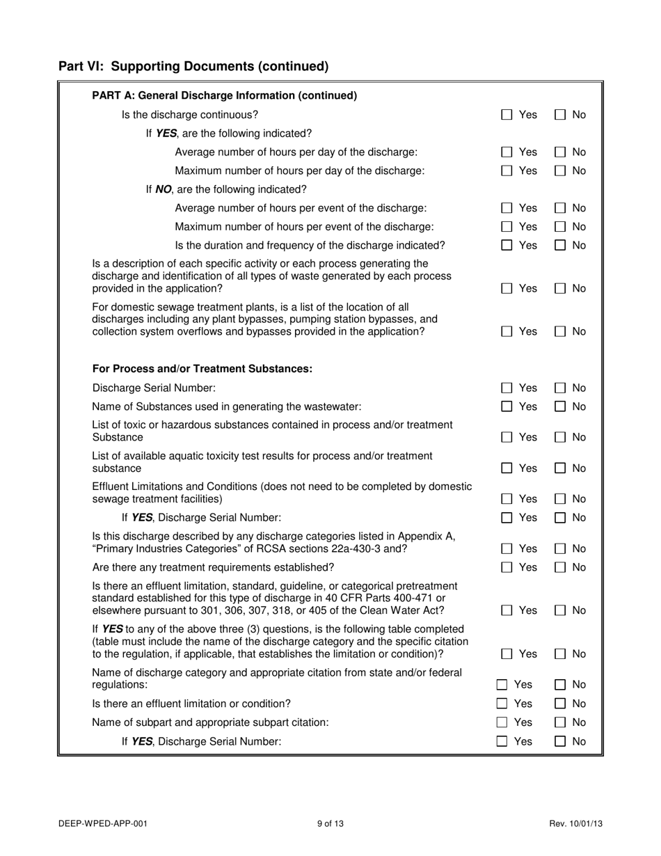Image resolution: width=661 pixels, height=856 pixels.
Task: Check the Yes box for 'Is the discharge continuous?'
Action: coord(507,115)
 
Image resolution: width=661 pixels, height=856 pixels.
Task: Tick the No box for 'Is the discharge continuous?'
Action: coord(559,115)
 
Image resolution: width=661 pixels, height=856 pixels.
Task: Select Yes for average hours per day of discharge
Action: coord(507,152)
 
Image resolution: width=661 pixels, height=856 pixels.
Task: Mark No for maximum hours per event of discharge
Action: coord(559,227)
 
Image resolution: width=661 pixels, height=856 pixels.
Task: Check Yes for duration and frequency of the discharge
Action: coord(507,246)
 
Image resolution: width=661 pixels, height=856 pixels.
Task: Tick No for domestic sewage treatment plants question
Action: coord(559,332)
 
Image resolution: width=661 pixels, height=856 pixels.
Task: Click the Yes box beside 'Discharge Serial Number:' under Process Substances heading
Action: coord(507,388)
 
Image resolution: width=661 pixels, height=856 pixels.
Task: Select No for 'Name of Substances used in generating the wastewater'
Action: coord(559,406)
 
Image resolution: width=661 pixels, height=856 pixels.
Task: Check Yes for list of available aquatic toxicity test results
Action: coord(507,468)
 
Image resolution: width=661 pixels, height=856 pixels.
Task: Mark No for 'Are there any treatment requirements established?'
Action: coord(559,567)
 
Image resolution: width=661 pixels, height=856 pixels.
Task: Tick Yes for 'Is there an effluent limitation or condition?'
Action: coord(502,704)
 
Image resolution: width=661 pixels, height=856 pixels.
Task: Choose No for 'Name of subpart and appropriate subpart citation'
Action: coord(559,722)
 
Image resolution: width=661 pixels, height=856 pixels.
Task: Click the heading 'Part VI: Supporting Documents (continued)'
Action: coord(193,66)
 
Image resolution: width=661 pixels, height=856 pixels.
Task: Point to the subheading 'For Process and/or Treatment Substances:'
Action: coord(202,369)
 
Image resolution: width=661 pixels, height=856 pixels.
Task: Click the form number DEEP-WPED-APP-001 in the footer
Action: coord(103,824)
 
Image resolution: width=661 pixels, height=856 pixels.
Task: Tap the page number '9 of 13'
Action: coord(330,824)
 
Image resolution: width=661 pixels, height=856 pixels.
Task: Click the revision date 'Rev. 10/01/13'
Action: coord(575,824)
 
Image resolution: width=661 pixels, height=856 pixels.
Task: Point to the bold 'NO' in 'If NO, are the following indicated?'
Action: coord(164,189)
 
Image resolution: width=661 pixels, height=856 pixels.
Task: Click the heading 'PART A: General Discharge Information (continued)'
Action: coord(224,95)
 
